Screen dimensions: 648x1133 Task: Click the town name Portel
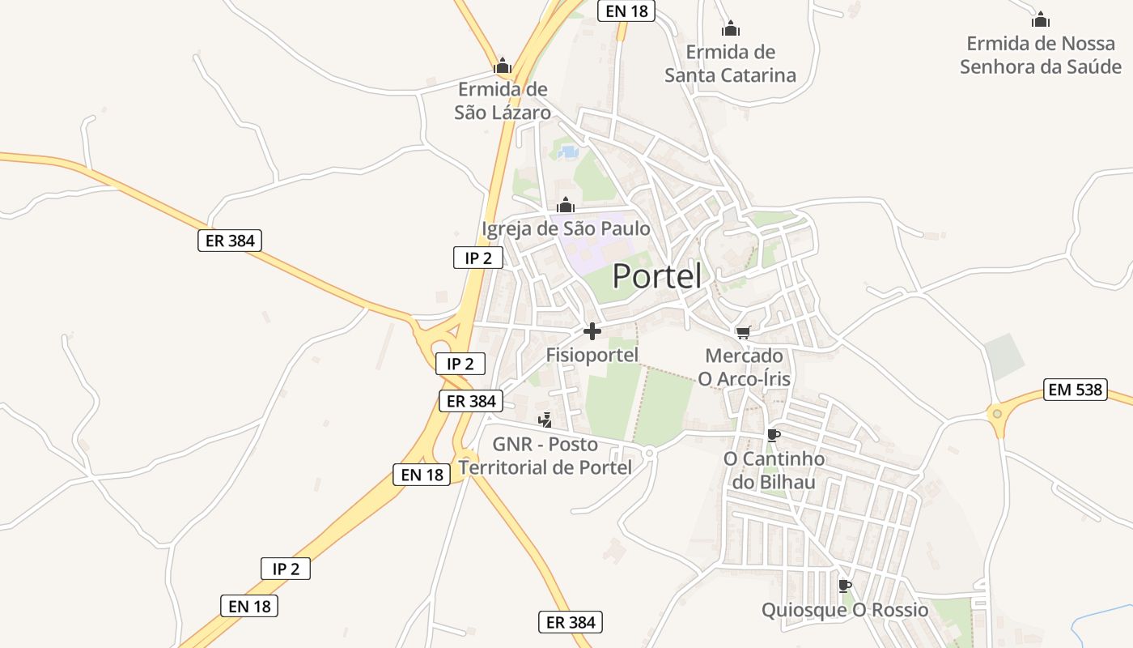(656, 277)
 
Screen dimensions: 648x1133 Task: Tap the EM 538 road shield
(1076, 390)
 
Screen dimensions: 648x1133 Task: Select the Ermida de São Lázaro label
(503, 100)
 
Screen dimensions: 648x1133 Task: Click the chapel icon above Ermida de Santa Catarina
(730, 29)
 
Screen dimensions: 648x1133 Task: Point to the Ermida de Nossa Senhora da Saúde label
(1041, 54)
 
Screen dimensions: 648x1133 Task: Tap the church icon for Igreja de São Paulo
(566, 205)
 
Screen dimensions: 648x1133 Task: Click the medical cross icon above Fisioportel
(592, 331)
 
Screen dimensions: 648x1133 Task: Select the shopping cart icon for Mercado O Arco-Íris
(744, 331)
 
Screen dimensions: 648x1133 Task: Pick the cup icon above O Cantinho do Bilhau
(774, 435)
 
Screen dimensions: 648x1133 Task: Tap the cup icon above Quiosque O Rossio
(845, 586)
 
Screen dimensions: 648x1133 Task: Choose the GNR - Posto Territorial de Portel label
(545, 456)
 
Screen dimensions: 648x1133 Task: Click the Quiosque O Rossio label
(845, 610)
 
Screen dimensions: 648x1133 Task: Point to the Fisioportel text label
(592, 355)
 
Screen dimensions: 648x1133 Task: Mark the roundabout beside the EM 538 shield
(997, 414)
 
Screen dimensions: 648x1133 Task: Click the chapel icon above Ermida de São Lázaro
(503, 66)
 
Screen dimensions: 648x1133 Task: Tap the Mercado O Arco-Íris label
(745, 367)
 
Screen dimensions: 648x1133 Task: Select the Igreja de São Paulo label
(566, 229)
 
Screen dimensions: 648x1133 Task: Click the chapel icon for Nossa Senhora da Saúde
(1041, 19)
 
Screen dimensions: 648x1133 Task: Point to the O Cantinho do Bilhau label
(774, 471)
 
